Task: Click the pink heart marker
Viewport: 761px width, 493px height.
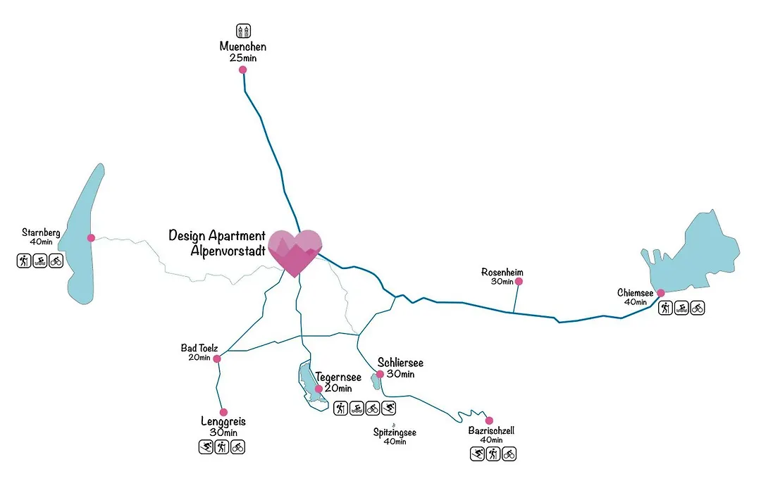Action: coord(295,252)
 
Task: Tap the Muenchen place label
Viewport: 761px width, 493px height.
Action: coord(242,46)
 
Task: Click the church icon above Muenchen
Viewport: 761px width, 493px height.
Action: coord(243,30)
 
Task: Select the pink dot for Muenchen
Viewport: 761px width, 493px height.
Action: coord(242,70)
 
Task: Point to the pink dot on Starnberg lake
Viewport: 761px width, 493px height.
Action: coord(91,238)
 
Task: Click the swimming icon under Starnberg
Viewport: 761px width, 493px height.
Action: coord(39,261)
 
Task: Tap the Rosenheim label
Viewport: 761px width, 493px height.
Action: coord(502,272)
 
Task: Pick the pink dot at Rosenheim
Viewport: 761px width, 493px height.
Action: coord(519,282)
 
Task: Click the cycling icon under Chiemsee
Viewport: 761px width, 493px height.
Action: coord(698,308)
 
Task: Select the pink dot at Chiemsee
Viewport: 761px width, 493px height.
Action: coord(660,293)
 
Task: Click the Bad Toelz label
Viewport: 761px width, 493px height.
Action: coord(199,348)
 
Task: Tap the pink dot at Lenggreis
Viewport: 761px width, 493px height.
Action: coord(224,413)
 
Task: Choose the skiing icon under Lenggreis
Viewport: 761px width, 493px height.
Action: coord(206,447)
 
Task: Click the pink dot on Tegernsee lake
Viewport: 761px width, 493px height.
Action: coord(319,389)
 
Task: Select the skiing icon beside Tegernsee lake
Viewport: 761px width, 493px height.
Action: coord(389,408)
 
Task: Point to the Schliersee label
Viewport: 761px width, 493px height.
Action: coord(400,363)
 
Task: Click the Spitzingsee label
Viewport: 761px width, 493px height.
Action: coord(395,432)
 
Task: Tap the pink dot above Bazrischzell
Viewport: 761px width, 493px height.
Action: coord(489,420)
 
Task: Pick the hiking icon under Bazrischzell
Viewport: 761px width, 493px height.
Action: coord(493,454)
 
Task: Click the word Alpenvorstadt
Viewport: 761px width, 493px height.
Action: coord(228,251)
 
